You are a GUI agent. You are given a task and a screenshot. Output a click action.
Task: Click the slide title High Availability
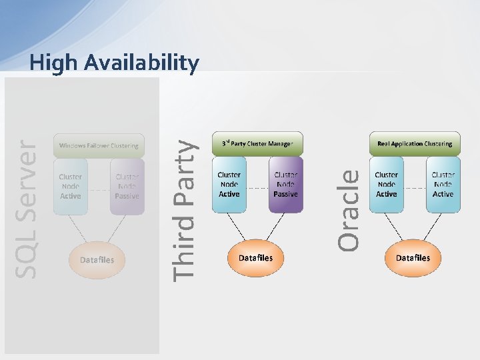pyautogui.click(x=114, y=63)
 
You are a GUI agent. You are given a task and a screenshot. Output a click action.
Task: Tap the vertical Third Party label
pyautogui.click(x=184, y=208)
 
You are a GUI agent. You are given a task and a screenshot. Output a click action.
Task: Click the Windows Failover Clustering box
pyautogui.click(x=99, y=145)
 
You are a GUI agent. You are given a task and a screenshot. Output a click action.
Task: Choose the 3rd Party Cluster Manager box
pyautogui.click(x=257, y=143)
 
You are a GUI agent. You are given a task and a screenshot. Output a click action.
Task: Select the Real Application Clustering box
pyautogui.click(x=414, y=143)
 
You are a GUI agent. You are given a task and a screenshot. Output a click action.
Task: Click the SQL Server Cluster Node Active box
pyautogui.click(x=70, y=186)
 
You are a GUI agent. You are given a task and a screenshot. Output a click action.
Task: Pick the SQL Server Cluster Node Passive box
pyautogui.click(x=127, y=186)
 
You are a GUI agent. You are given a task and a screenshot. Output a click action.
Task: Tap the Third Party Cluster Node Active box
pyautogui.click(x=229, y=184)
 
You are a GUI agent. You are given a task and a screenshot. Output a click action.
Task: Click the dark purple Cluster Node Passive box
pyautogui.click(x=285, y=184)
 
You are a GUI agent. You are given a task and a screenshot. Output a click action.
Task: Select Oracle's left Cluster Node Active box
pyautogui.click(x=386, y=184)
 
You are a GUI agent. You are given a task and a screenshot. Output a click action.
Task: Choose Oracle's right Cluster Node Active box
pyautogui.click(x=443, y=184)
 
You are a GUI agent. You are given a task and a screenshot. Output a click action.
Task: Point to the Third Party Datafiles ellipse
pyautogui.click(x=255, y=257)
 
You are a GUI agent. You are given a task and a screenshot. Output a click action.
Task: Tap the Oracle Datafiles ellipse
pyautogui.click(x=413, y=257)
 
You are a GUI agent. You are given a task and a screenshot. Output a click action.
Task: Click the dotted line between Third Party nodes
pyautogui.click(x=257, y=188)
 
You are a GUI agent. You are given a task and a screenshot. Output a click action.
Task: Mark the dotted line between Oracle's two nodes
pyautogui.click(x=415, y=188)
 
